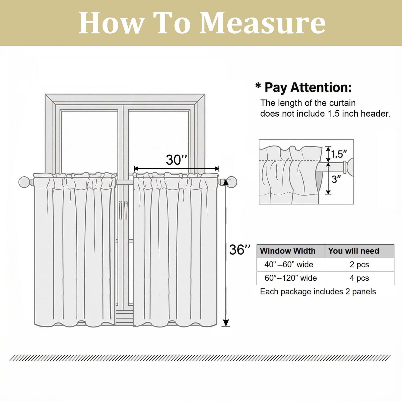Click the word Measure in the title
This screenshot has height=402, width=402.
(x=263, y=23)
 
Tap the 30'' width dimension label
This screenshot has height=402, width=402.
(x=176, y=160)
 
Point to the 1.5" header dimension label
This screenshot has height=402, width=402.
(x=339, y=154)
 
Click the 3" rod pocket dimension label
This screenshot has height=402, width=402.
(x=336, y=179)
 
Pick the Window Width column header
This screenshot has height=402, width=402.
(x=288, y=251)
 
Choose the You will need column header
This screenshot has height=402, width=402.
(x=354, y=251)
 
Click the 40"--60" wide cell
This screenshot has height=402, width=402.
(x=289, y=265)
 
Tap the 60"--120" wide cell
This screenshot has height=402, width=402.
(x=291, y=278)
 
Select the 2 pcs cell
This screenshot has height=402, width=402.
(x=359, y=265)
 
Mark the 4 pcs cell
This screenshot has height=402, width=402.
(x=359, y=278)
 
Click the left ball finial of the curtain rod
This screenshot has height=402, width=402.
(x=24, y=182)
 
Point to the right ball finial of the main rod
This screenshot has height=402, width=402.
(x=231, y=182)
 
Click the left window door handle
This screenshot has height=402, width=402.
(x=121, y=210)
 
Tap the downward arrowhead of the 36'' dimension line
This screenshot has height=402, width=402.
(x=226, y=323)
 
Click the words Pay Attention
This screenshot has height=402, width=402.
(x=308, y=88)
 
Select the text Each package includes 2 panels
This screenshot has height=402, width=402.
(x=318, y=292)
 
